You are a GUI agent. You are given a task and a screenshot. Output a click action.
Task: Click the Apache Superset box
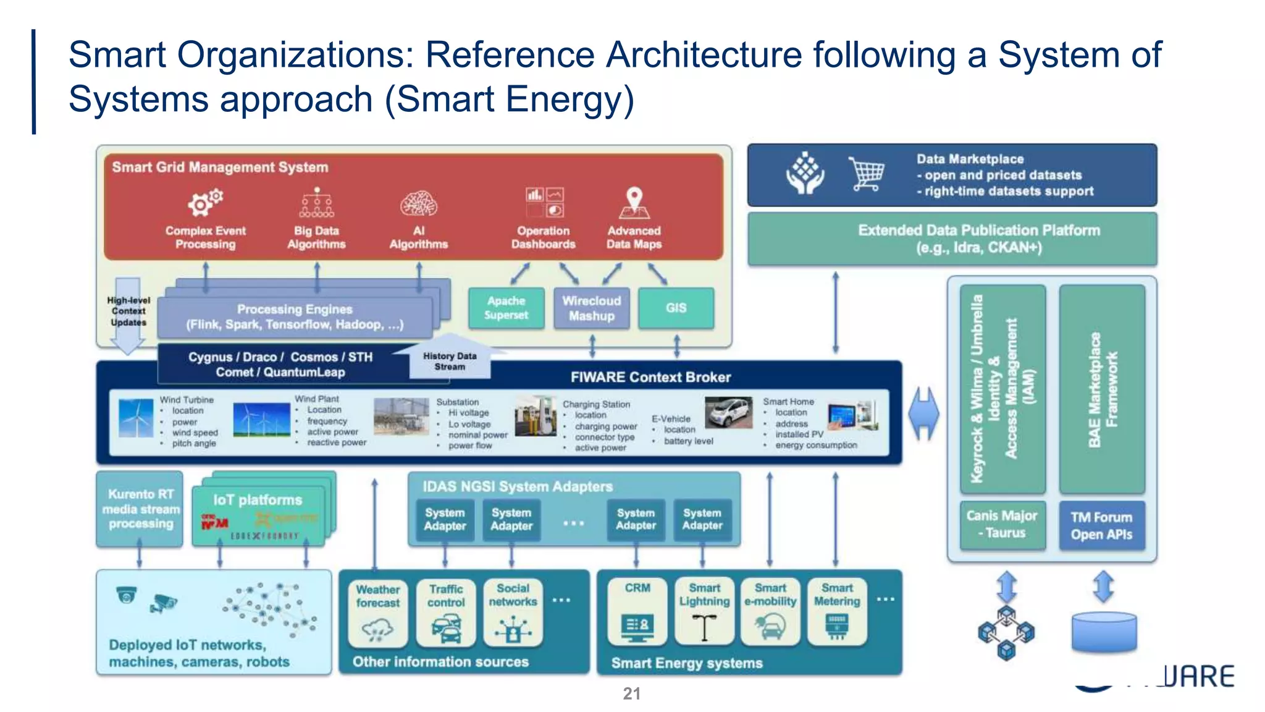tap(506, 308)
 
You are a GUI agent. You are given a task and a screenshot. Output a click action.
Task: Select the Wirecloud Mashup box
tap(591, 308)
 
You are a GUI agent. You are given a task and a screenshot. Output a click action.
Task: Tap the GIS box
tap(676, 308)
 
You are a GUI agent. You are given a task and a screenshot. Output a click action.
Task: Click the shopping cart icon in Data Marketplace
tap(866, 174)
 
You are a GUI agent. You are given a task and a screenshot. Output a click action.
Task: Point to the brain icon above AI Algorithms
tap(418, 203)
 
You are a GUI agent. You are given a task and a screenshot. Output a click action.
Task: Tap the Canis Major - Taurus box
tap(1002, 524)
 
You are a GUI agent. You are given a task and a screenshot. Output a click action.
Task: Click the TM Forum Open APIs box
tap(1101, 525)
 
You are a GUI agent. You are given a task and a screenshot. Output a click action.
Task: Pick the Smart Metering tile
tap(836, 611)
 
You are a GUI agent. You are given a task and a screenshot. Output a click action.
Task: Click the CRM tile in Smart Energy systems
tap(637, 611)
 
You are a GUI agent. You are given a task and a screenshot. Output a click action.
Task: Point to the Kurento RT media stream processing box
tap(140, 509)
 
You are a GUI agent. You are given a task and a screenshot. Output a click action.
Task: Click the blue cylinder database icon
tap(1104, 632)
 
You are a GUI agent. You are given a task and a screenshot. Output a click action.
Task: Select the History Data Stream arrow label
tap(450, 361)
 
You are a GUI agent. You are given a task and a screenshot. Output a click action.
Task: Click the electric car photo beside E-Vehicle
tap(729, 412)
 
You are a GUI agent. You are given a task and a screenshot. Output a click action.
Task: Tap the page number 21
tap(631, 693)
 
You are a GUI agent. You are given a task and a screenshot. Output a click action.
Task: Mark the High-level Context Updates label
tap(128, 311)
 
